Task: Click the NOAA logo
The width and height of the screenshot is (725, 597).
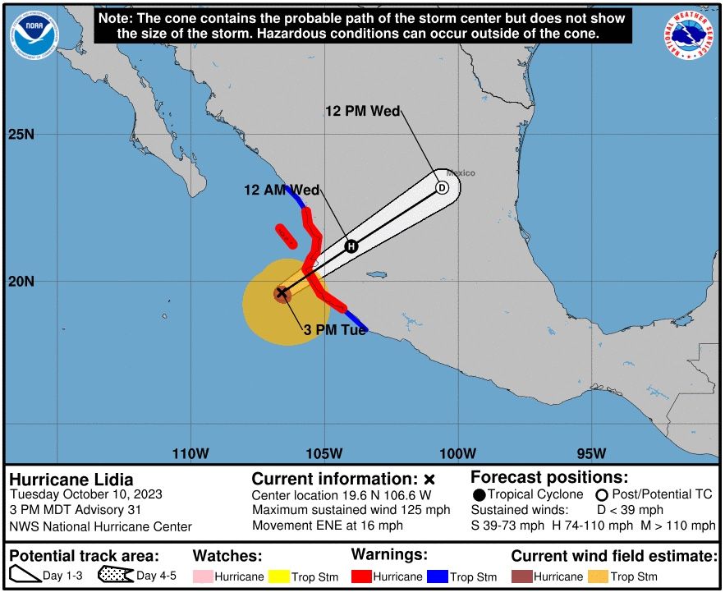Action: tap(34, 34)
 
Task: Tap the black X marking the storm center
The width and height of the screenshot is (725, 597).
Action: tap(282, 292)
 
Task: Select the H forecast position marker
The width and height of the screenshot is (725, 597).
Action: tap(351, 246)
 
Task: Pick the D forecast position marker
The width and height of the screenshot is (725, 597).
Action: tap(442, 187)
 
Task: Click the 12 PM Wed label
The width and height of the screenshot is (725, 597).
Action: tap(362, 112)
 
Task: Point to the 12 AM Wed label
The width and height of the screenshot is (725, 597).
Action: tap(282, 190)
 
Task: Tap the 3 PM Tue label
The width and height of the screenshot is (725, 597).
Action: tap(335, 330)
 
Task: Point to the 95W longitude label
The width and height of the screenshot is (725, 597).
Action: tap(591, 453)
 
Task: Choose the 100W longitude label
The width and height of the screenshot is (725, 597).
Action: tap(457, 453)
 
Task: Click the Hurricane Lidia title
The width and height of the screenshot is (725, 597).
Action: tap(71, 480)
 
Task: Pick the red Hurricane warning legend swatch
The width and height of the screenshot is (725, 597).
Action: tap(361, 576)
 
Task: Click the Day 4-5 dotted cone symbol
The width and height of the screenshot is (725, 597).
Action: tap(115, 576)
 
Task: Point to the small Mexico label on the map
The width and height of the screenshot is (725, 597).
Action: tap(461, 173)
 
